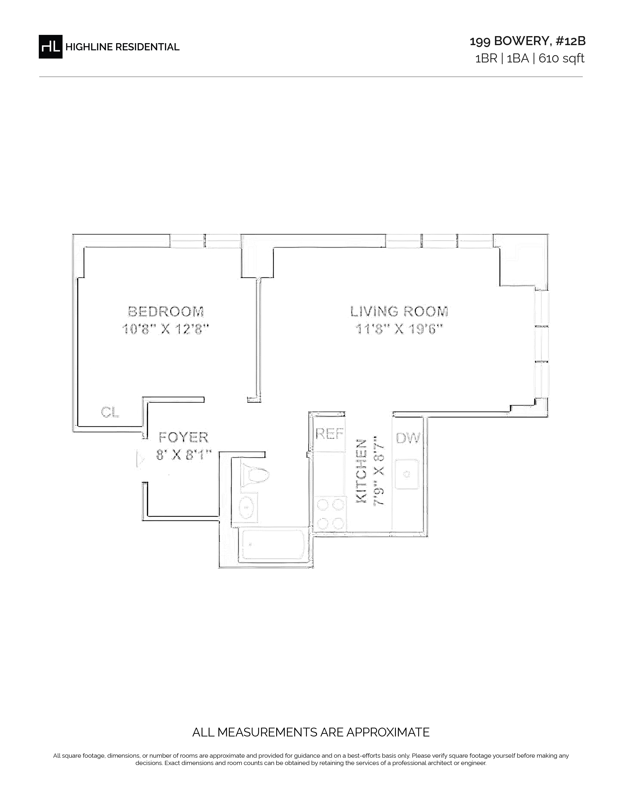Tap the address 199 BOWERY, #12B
point(527,41)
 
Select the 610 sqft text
point(561,58)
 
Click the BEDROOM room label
point(166,312)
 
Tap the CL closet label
point(110,412)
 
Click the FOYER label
point(183,438)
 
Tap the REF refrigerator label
point(330,434)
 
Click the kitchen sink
point(407,474)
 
